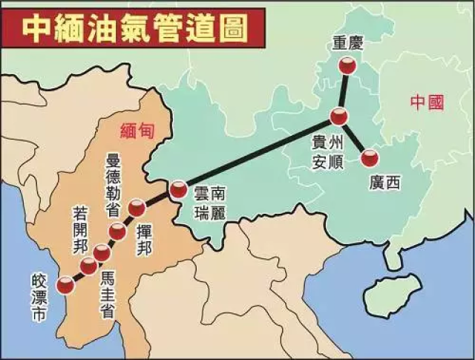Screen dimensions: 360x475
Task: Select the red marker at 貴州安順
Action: coord(338,117)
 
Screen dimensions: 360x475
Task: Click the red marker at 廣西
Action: coord(369,158)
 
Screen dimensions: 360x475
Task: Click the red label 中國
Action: coord(427,103)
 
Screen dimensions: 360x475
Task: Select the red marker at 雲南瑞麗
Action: coord(178,190)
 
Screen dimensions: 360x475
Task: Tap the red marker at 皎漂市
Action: coord(65,283)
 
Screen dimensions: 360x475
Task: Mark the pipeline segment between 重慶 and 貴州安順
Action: coord(343,92)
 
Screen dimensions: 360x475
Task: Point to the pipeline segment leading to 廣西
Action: coord(354,137)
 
